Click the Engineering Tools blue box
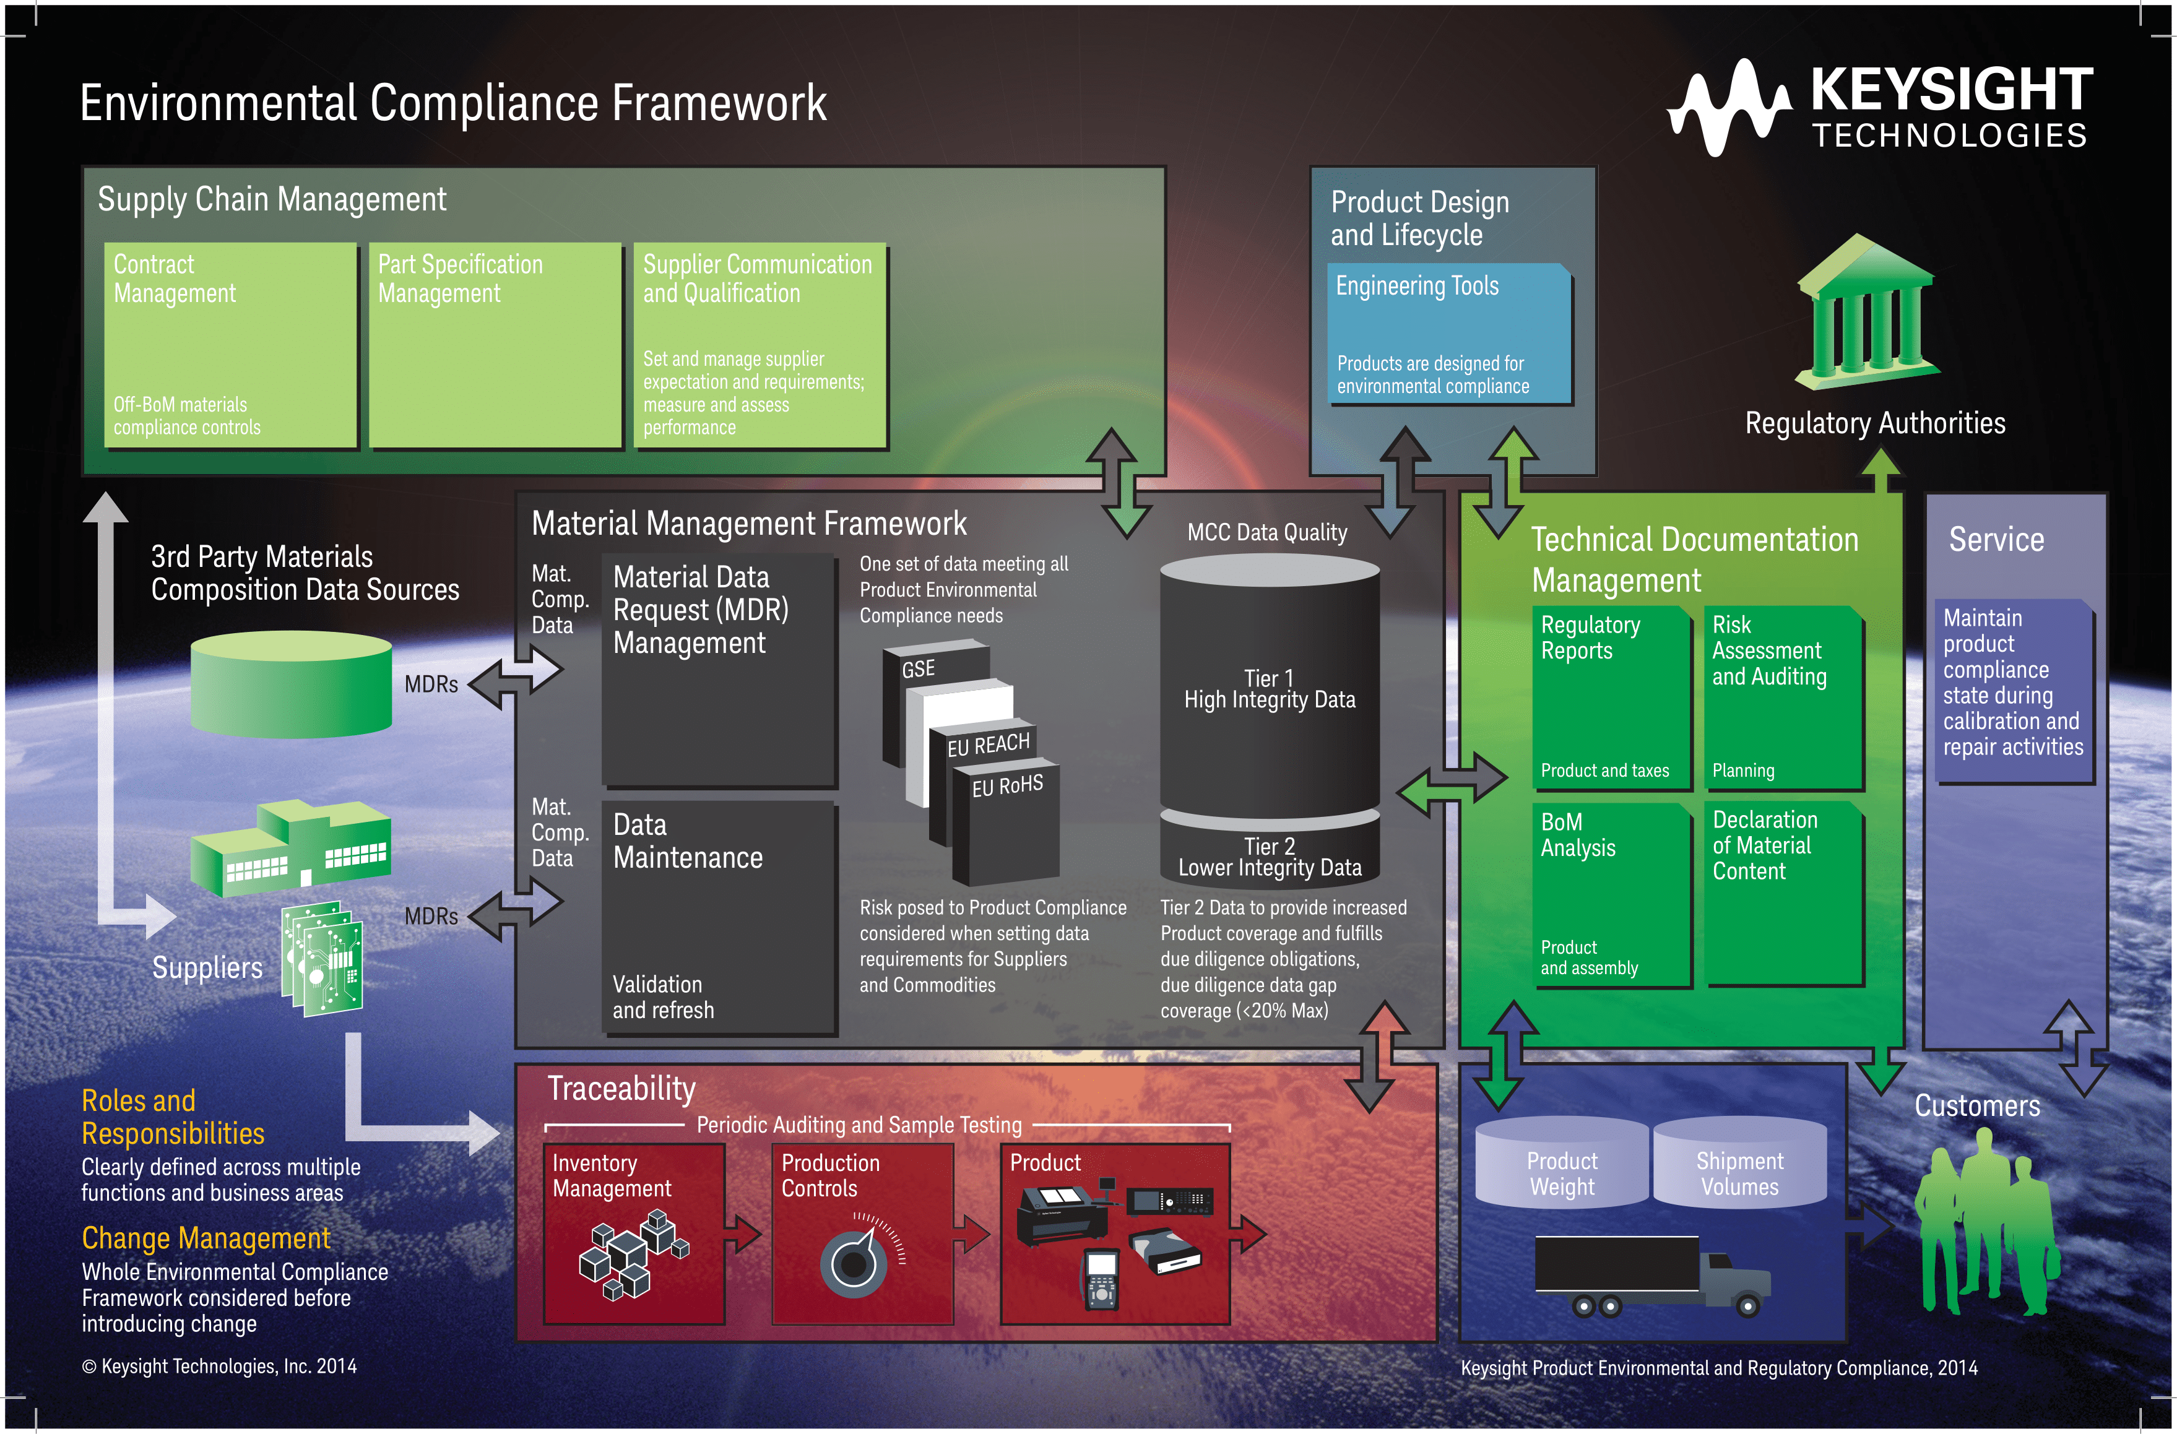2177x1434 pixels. coord(1449,334)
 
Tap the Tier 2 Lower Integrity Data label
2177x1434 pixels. coord(1269,858)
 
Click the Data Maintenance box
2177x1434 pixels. coord(718,917)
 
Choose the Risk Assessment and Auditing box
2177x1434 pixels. coord(1782,697)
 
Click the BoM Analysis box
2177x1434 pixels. coord(1612,894)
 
